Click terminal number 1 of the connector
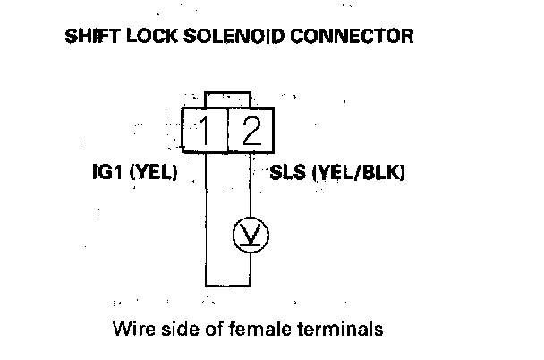(206, 133)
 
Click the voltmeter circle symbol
(251, 235)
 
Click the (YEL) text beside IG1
(153, 173)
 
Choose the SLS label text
(289, 173)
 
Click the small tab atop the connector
(228, 99)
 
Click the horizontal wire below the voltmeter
(228, 282)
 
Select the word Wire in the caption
(132, 329)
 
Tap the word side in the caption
(179, 329)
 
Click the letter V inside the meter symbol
(251, 236)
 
